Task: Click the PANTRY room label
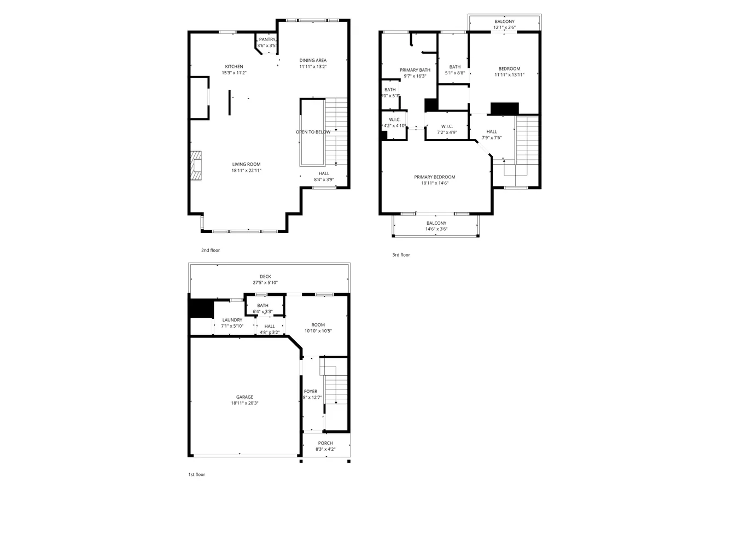click(267, 39)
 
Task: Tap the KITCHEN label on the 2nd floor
click(234, 67)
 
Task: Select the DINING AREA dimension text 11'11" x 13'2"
click(313, 67)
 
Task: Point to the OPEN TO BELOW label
click(313, 132)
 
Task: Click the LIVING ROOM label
click(246, 164)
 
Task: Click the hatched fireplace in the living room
click(196, 165)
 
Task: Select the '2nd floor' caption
click(211, 250)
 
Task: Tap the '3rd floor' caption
click(401, 255)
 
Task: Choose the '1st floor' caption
click(196, 474)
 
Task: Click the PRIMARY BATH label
click(415, 70)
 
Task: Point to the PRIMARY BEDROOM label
click(435, 177)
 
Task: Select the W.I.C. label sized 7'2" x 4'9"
click(447, 126)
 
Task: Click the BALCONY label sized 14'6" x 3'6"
click(436, 223)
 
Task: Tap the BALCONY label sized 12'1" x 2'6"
click(504, 22)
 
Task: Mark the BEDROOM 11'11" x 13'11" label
click(509, 69)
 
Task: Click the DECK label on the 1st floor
click(265, 277)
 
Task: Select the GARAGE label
click(244, 397)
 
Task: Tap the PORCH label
click(325, 443)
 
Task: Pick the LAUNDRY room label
click(232, 320)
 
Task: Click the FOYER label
click(311, 392)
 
